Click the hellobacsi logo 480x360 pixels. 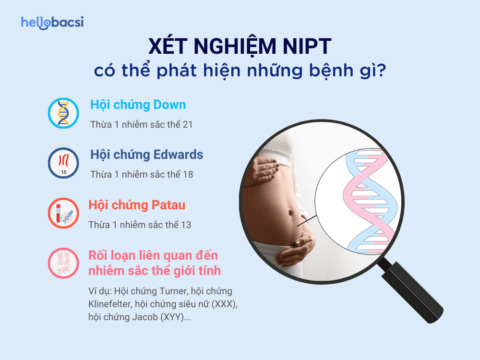coord(52,23)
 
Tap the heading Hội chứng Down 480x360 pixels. coord(138,105)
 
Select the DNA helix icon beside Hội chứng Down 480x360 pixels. coord(63,113)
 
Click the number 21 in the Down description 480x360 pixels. coord(187,124)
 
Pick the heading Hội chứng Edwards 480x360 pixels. coord(146,155)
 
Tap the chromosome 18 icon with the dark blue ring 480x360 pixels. coord(63,163)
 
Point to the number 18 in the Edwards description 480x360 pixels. coord(188,174)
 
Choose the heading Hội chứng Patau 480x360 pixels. coord(137,205)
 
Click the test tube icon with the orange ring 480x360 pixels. coord(63,213)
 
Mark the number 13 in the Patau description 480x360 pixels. coord(186,225)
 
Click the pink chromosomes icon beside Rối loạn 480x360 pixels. coord(63,263)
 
